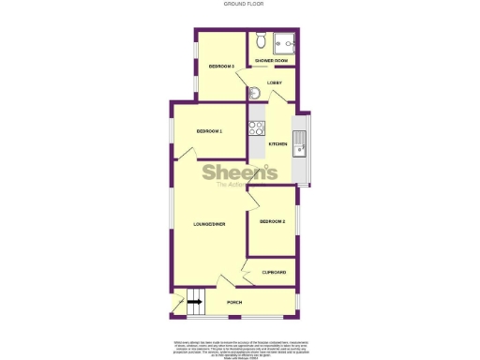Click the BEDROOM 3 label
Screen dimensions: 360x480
point(221,67)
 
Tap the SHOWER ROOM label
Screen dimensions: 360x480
point(271,60)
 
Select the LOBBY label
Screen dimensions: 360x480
point(275,83)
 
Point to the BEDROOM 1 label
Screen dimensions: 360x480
point(209,131)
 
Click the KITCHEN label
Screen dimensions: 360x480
point(277,143)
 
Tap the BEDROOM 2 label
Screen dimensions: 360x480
point(272,221)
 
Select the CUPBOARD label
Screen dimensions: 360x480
point(274,272)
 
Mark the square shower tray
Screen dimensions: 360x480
point(285,42)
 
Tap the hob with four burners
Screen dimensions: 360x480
point(255,127)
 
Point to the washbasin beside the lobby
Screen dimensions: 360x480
point(256,92)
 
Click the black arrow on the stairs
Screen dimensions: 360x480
point(194,301)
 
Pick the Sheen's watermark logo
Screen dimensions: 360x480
point(240,174)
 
